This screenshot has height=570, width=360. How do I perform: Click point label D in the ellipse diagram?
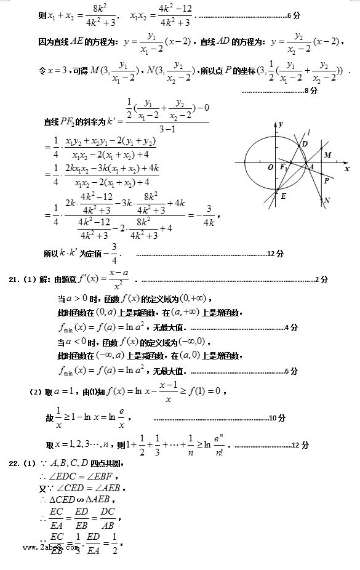(304, 144)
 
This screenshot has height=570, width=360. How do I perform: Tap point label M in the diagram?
(327, 155)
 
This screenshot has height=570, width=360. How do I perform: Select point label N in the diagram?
(326, 200)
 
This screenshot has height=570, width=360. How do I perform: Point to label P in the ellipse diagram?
(326, 181)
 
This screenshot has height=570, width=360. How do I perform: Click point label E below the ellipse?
(283, 196)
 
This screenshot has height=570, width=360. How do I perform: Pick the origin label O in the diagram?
(270, 167)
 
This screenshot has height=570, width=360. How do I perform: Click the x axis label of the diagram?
(347, 168)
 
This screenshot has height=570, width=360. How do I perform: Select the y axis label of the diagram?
(280, 124)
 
